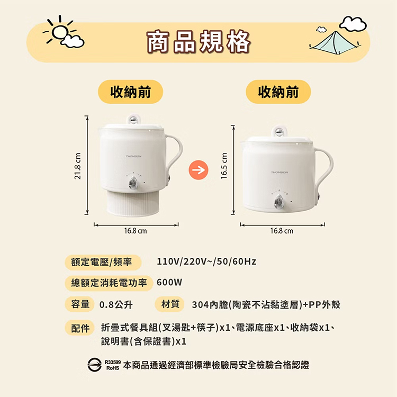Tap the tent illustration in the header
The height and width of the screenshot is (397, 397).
tap(335, 42)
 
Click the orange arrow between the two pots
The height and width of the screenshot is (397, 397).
tap(198, 170)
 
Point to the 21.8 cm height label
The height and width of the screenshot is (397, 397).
tap(78, 166)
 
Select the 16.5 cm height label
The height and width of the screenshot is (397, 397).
tap(224, 166)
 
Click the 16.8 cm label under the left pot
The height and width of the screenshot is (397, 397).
tap(136, 231)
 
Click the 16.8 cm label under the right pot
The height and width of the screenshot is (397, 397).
tap(282, 231)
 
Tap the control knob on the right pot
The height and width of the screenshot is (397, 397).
tap(279, 202)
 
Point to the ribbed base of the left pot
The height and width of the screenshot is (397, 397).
tap(133, 203)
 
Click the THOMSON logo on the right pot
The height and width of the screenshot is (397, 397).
tap(279, 173)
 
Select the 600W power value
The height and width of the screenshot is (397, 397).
tap(169, 282)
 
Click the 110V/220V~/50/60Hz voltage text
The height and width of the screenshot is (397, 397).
tap(206, 261)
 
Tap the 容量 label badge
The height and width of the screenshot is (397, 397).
tap(80, 304)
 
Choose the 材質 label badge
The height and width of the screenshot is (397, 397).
tap(170, 304)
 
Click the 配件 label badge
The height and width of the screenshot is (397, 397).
tap(80, 328)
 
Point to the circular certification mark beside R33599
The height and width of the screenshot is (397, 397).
tap(94, 365)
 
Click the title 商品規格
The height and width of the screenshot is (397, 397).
tap(198, 42)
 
